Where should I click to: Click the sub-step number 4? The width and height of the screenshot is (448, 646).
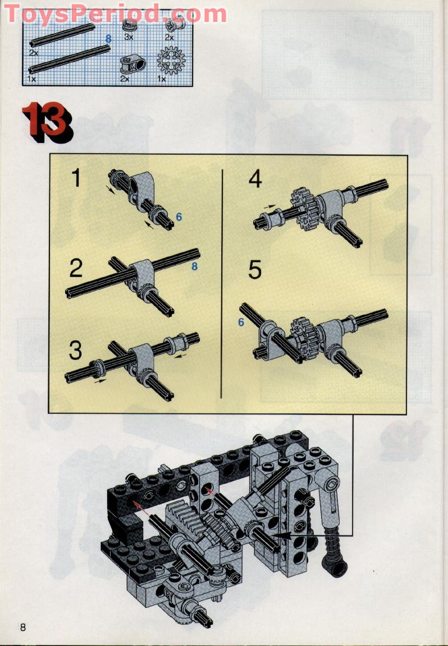[255, 179]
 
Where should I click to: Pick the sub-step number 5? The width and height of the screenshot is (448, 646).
[255, 270]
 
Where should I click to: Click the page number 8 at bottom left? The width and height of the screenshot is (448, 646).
[23, 626]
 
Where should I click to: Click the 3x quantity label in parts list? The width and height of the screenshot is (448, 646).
[129, 36]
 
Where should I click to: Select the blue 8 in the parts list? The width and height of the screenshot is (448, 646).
[108, 38]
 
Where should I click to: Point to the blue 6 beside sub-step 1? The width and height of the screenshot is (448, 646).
[179, 216]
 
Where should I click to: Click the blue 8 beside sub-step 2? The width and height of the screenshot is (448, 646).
[195, 267]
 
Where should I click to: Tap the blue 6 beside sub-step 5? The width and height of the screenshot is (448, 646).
[241, 322]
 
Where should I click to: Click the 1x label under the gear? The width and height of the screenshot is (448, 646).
[162, 79]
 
